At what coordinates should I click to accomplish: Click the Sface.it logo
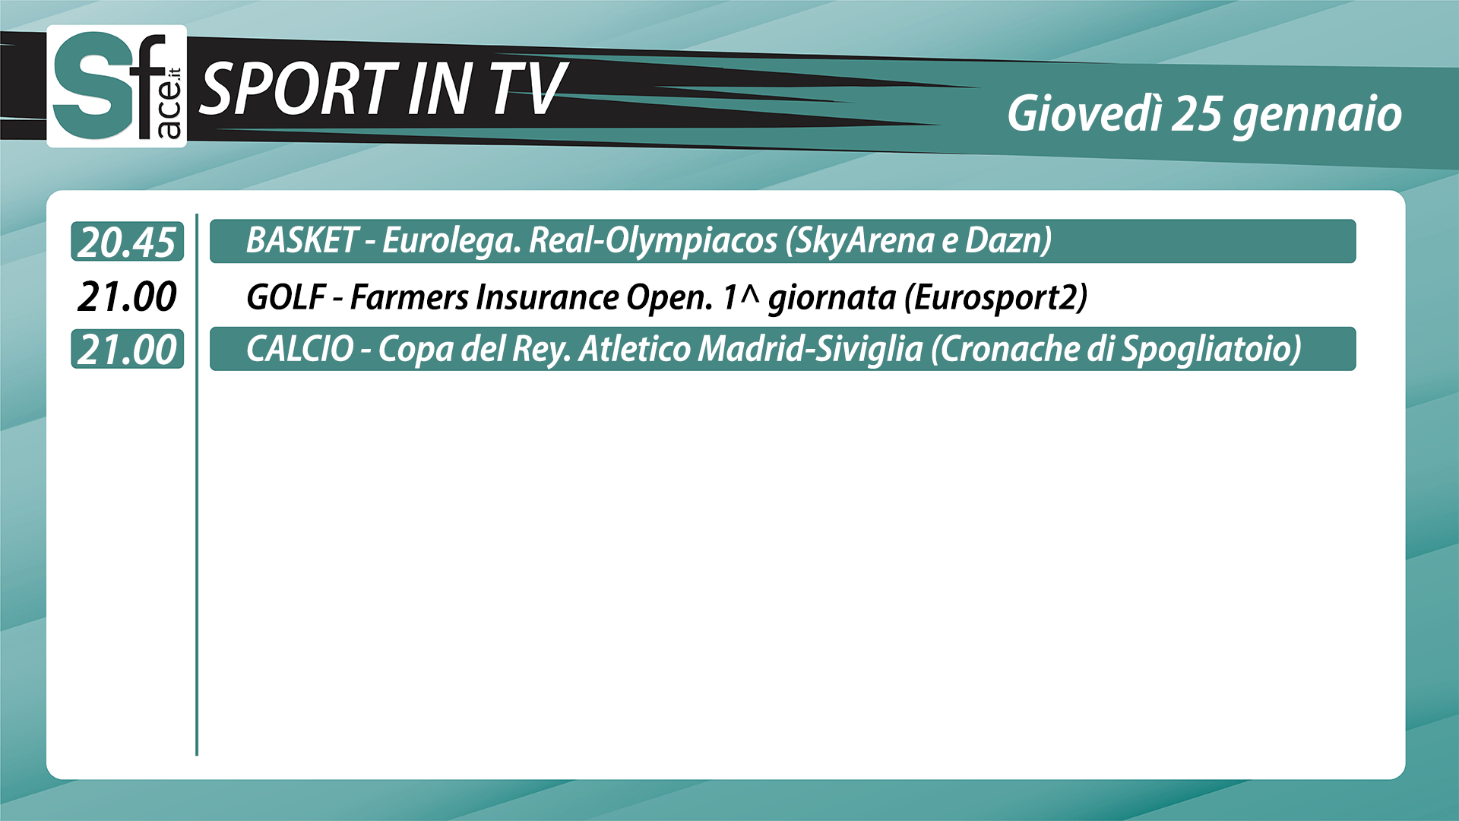pos(117,86)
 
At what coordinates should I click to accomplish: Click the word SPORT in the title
pos(299,89)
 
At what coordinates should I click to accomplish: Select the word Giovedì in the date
pos(1084,114)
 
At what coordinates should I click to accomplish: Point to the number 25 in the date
pos(1197,114)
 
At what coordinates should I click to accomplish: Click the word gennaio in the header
pos(1318,116)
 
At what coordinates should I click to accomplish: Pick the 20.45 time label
pos(127,242)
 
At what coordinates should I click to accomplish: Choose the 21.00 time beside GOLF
pos(127,296)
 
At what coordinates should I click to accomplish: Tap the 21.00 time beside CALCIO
pos(127,350)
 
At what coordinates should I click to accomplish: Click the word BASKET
pos(302,240)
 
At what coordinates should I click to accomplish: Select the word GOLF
pos(286,297)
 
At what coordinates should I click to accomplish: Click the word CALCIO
pos(300,349)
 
